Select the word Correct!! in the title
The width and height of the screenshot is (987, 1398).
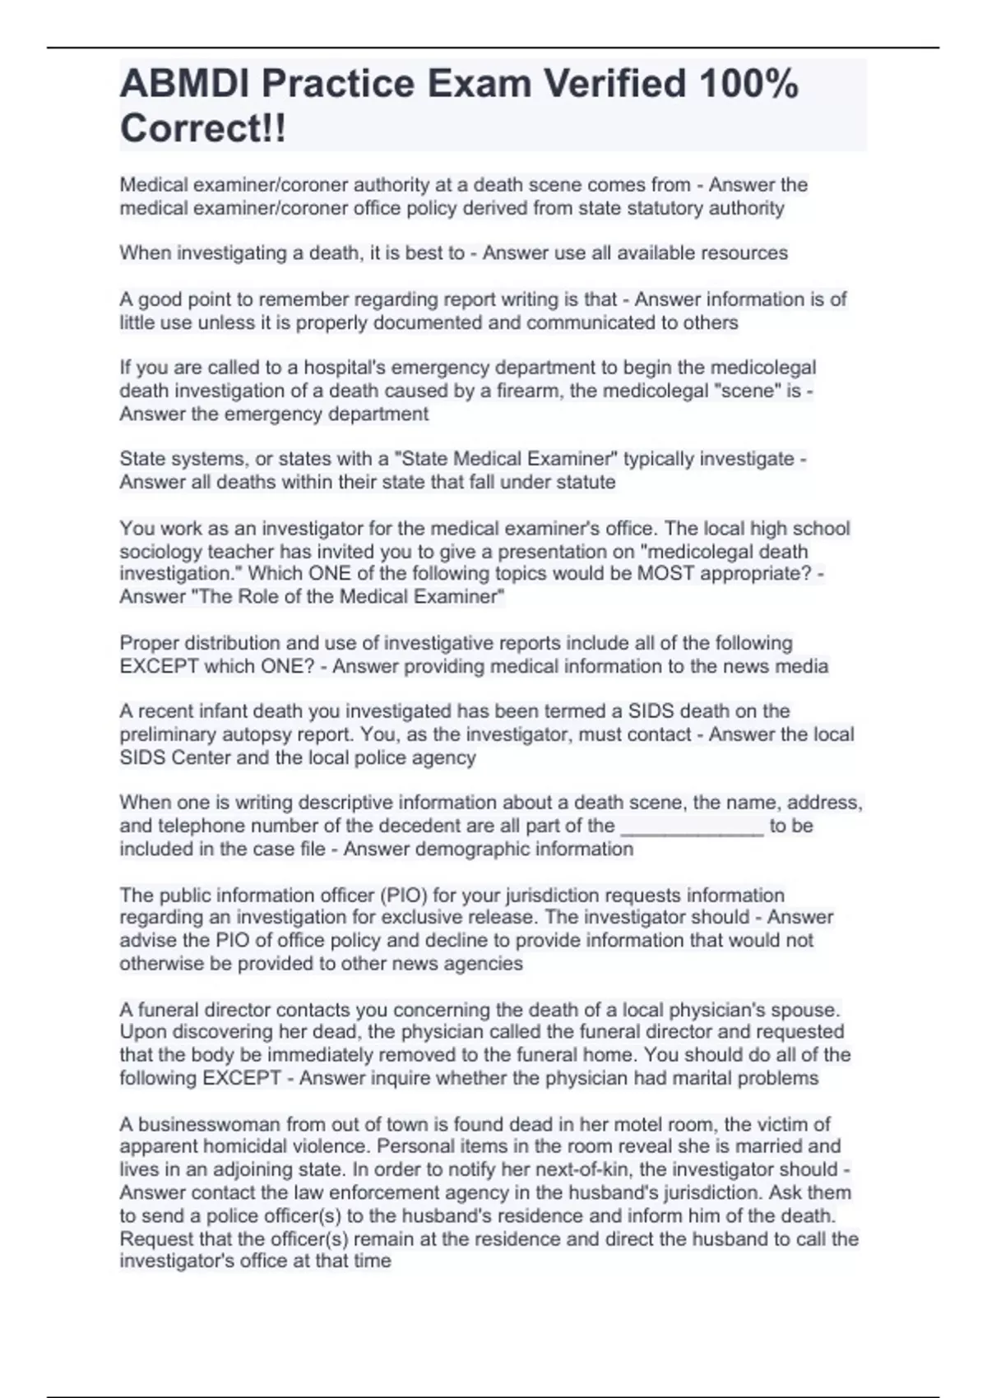(x=203, y=129)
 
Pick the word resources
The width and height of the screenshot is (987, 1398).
(x=744, y=253)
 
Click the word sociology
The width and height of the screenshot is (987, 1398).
(x=160, y=552)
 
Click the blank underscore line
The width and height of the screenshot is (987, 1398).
(x=692, y=826)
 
